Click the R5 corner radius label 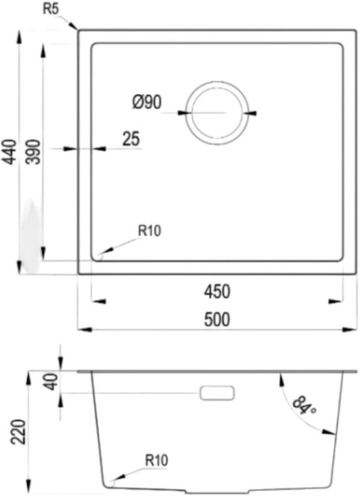point(51,9)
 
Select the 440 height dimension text point(10,152)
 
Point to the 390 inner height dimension point(34,152)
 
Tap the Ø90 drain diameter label point(147,102)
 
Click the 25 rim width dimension point(131,139)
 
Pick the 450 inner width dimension point(217,292)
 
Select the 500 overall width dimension point(217,320)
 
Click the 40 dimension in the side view point(52,382)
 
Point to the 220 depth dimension point(18,432)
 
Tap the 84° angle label point(304,406)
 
